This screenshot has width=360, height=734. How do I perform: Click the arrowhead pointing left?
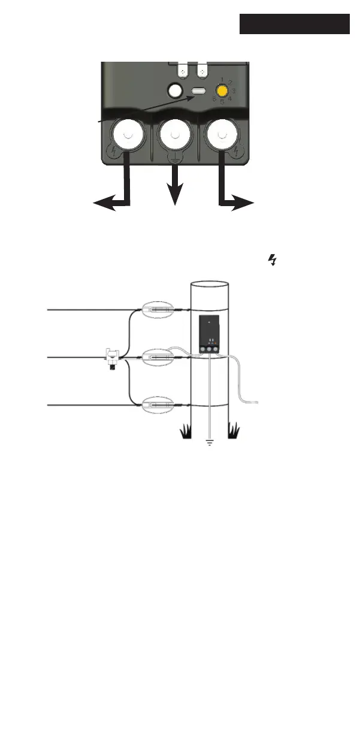pos(102,206)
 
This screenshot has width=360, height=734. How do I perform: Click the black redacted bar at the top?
pos(295,24)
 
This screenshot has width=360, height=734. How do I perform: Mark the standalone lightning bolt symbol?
pos(273,260)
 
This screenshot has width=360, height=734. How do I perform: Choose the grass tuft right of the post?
pos(233,430)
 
